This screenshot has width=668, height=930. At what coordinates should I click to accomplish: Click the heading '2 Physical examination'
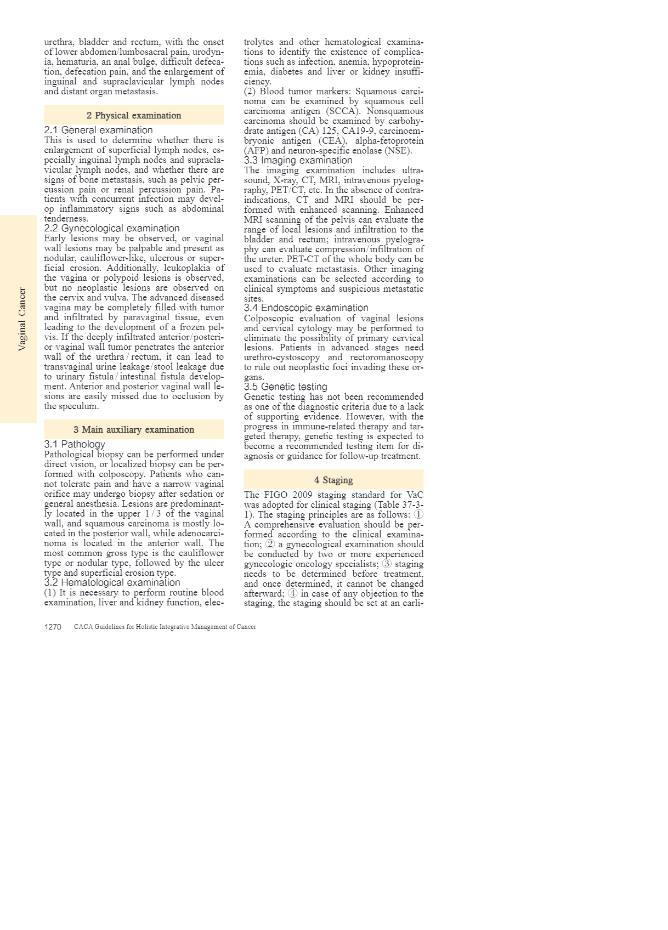pos(134,115)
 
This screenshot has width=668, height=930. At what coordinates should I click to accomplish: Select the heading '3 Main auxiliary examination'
pos(134,429)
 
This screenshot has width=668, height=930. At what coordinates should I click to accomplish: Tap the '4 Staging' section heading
pos(333,480)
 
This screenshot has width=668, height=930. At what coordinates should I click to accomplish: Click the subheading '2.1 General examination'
pos(98,130)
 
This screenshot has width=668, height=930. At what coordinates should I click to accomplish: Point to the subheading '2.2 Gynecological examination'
pos(111,228)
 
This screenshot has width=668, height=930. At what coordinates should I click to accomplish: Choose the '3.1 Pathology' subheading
pos(75,444)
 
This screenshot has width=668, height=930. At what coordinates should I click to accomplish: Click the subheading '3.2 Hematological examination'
pos(112,582)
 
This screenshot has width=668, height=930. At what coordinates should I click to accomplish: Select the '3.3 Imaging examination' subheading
pos(298,160)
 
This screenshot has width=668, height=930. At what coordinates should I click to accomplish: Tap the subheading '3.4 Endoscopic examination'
pos(306,308)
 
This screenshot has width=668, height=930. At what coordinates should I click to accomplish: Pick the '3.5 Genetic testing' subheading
pos(285,387)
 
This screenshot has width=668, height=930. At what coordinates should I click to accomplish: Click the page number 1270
pos(53,627)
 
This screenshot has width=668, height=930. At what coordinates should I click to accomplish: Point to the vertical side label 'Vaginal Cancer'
pos(22,319)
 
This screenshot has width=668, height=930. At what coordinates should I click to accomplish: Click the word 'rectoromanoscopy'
pos(387,358)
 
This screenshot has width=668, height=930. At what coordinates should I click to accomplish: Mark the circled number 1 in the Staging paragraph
pos(418,514)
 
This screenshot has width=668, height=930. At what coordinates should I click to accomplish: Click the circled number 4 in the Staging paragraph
pos(293,593)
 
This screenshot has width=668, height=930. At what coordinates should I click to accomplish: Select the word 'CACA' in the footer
pos(83,627)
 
